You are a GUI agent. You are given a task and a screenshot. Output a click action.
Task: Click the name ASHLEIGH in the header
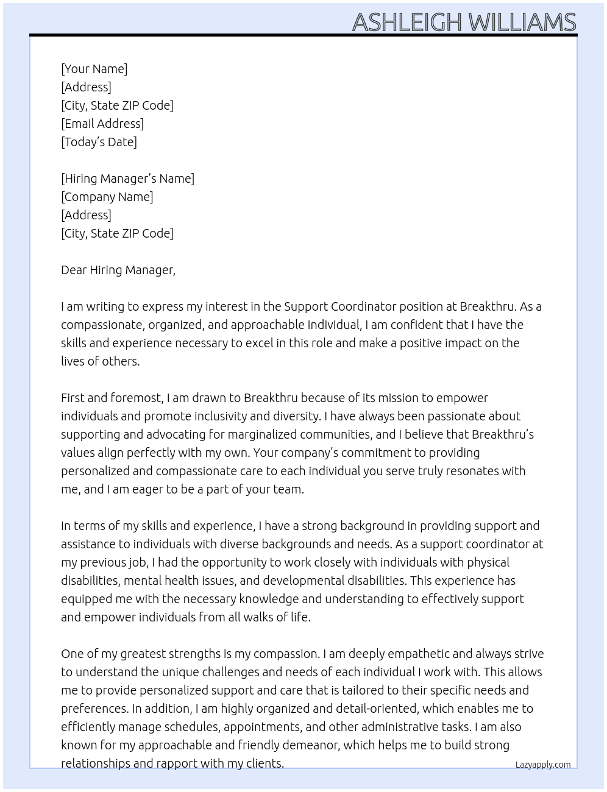[x=407, y=23]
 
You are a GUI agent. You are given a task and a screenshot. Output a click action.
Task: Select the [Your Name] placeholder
[x=94, y=69]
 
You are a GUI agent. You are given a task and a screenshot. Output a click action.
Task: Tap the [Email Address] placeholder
[x=102, y=124]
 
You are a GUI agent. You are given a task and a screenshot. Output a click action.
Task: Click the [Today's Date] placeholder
[x=99, y=142]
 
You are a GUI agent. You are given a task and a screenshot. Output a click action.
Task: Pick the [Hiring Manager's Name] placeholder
[x=127, y=179]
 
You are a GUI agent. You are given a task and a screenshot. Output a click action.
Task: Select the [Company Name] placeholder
[x=107, y=197]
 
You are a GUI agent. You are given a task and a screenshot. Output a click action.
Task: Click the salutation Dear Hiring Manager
[x=118, y=270]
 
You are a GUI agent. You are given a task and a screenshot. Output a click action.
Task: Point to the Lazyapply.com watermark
[x=543, y=765]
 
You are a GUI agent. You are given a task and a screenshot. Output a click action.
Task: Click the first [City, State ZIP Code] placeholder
[x=117, y=105]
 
